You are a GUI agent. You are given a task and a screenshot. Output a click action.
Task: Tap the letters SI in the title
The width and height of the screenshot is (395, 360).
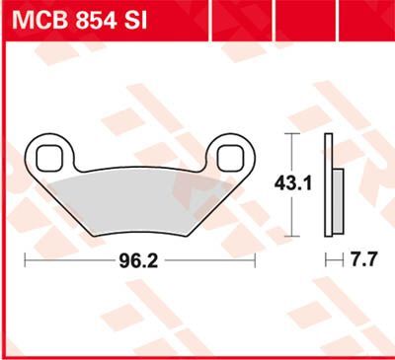[x=134, y=20]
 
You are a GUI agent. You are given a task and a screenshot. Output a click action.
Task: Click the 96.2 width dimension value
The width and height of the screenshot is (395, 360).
[x=140, y=261]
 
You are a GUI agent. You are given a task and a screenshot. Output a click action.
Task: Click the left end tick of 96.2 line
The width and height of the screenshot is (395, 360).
[x=27, y=261]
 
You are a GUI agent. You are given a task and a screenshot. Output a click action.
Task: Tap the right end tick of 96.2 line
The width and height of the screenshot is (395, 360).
[x=256, y=261]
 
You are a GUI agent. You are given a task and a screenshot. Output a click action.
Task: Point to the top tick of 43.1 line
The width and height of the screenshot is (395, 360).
[x=289, y=132]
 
